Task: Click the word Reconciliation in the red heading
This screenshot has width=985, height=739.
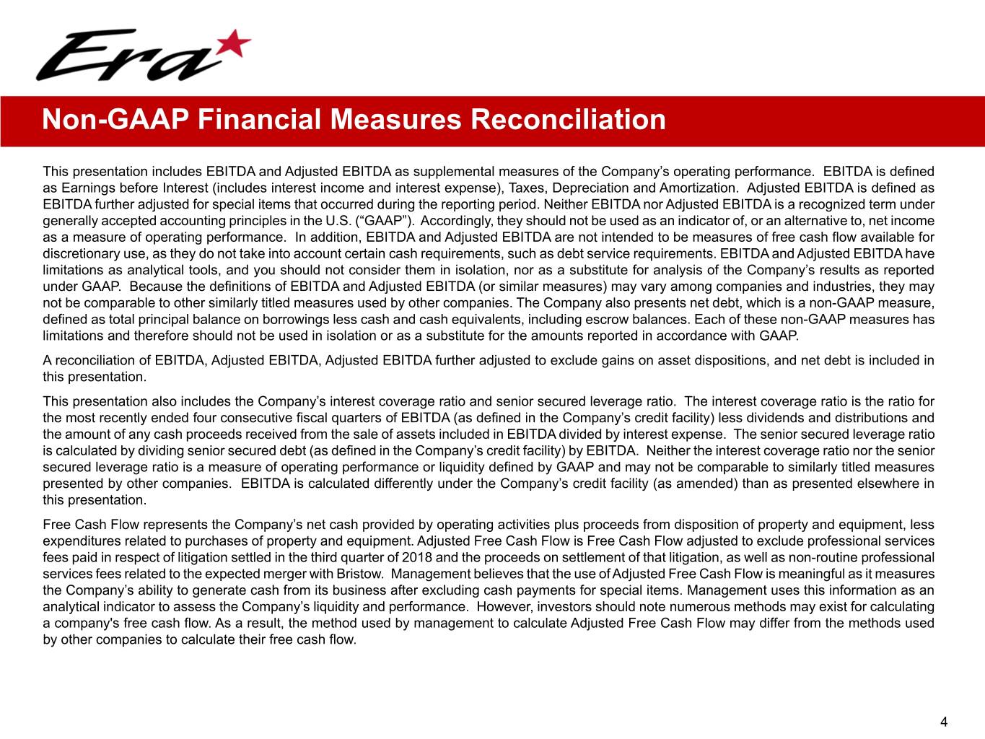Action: click(568, 119)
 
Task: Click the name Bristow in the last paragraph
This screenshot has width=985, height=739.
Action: click(363, 574)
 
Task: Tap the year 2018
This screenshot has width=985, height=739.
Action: click(416, 557)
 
